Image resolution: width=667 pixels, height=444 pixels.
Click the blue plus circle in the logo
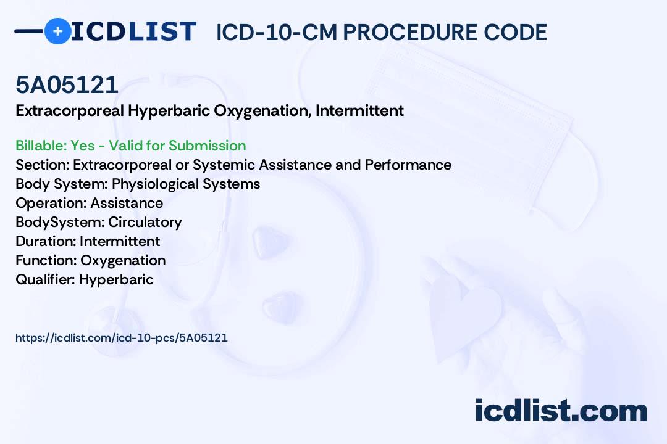(57, 31)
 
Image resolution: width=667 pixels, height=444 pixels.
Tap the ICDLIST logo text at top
(133, 31)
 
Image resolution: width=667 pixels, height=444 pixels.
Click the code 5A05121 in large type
(67, 84)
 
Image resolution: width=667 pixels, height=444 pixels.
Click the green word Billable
(41, 146)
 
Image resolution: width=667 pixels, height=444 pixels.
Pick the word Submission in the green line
(207, 146)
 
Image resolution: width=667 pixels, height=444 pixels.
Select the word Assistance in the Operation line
(127, 203)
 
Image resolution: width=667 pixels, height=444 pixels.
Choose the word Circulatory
(145, 222)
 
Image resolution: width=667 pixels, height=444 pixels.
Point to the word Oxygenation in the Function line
(123, 260)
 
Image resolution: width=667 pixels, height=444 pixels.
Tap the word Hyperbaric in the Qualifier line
(116, 279)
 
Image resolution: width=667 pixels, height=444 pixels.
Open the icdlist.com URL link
(122, 337)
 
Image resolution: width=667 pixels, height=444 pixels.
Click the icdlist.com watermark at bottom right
(561, 410)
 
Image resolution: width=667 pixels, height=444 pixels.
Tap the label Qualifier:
(45, 279)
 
